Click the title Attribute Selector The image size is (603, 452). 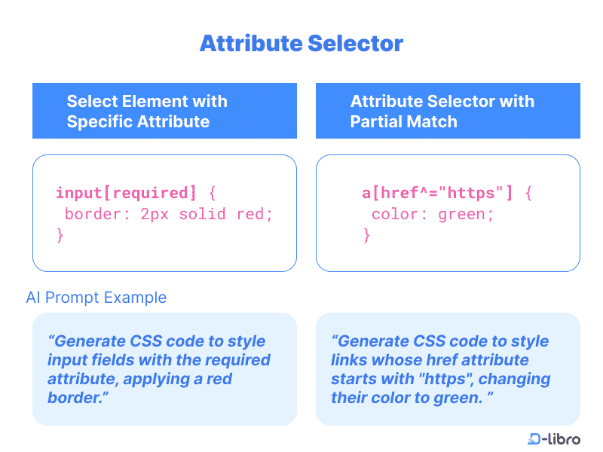pos(301,43)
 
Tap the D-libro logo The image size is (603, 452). pos(554,438)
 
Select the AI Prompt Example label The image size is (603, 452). pos(96,298)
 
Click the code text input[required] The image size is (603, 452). pos(126,193)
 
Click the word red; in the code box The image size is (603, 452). pos(254,214)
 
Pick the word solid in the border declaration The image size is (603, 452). pos(202,214)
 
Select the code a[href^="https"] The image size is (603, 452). pos(437,193)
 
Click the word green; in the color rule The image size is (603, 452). pos(466,215)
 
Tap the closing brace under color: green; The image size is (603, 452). pos(366,235)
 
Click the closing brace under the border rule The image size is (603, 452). pos(60,235)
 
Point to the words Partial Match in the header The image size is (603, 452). pos(403,122)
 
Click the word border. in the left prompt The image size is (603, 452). pos(78,398)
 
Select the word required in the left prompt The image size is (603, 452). pos(237,360)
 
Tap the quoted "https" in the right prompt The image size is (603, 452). pos(445,379)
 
